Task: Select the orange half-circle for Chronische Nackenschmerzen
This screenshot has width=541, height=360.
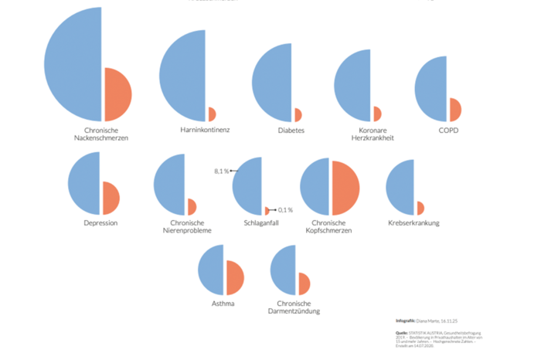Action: (116, 94)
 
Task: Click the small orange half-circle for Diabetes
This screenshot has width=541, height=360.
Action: (298, 115)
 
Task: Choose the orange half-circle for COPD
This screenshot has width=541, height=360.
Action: (454, 110)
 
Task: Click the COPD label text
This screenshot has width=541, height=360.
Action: (448, 130)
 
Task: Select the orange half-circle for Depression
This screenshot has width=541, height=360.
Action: (110, 198)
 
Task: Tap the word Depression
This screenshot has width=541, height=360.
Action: (100, 222)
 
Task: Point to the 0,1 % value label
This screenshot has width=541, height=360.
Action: (285, 210)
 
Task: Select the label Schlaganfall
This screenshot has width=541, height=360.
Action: (260, 222)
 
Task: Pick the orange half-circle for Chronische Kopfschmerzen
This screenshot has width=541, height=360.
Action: (345, 188)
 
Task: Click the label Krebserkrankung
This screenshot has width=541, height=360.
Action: (414, 222)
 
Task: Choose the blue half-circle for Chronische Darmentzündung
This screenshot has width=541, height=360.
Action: (285, 271)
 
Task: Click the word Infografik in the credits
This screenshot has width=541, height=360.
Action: (405, 319)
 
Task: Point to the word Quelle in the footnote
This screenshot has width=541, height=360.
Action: (401, 333)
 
